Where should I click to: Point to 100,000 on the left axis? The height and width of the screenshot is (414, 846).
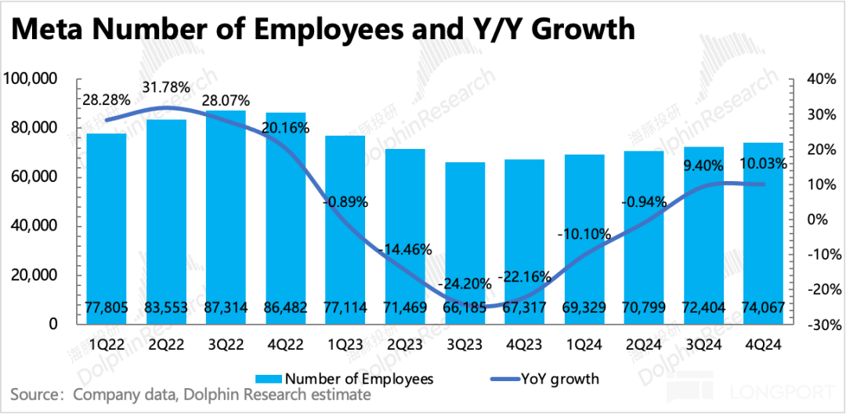30,79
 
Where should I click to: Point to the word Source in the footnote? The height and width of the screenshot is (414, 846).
34,393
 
